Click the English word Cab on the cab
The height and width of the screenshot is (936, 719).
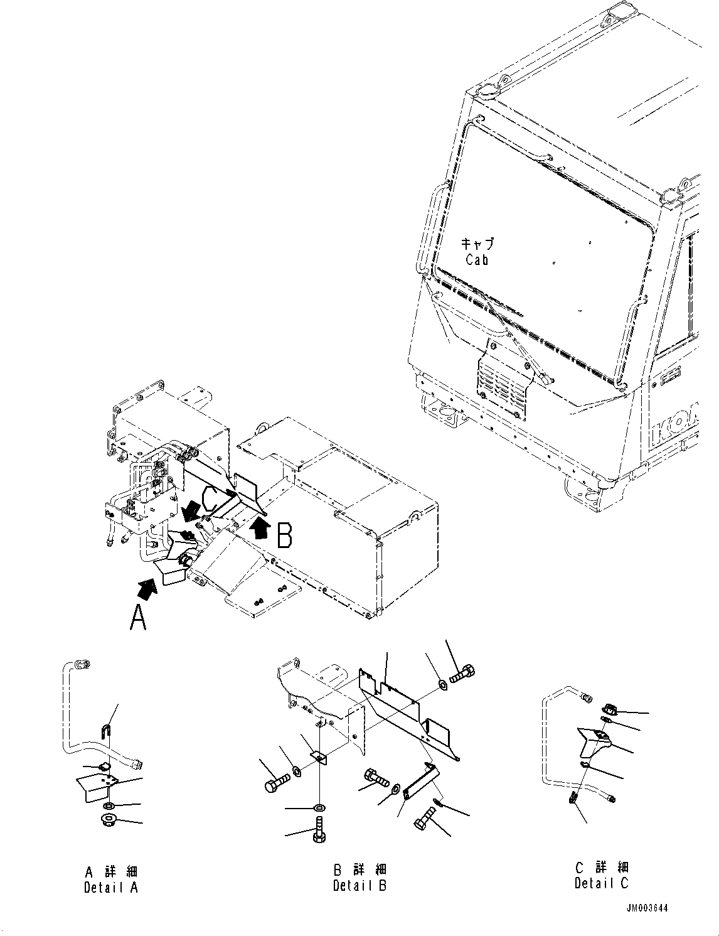(x=477, y=259)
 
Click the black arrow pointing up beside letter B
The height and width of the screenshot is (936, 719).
(x=258, y=528)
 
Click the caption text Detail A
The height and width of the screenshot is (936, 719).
(x=110, y=887)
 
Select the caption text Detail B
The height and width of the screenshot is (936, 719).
(x=359, y=886)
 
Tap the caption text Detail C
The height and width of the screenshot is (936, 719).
(x=601, y=883)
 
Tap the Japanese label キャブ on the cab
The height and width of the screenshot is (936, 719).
(x=477, y=244)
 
